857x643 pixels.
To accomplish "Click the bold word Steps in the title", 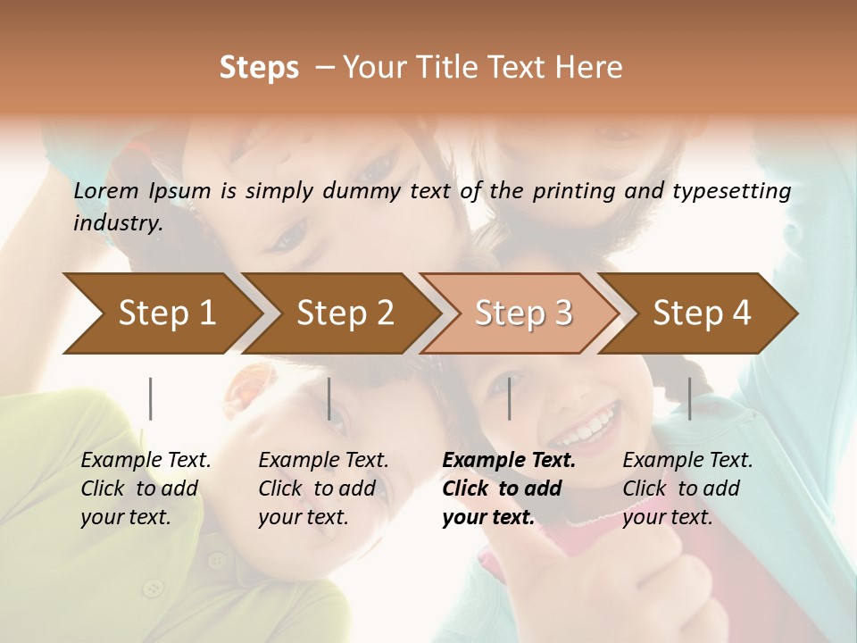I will (259, 67).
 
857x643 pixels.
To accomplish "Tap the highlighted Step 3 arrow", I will (523, 313).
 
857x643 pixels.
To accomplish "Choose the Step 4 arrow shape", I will (702, 313).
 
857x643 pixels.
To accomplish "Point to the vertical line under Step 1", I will (151, 398).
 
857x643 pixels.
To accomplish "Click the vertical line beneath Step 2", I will (329, 398).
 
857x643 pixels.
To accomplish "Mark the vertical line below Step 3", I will (510, 398).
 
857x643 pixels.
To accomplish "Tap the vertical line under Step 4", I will (690, 398).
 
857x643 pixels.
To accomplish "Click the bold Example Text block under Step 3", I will (509, 489).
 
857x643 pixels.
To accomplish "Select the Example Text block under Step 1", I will (146, 489).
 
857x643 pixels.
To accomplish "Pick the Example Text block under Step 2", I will (323, 489).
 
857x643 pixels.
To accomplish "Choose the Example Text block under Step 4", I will (687, 489).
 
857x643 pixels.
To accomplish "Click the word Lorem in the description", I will (106, 190).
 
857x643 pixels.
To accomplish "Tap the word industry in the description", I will (118, 222).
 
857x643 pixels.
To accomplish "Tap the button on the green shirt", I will (154, 588).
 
